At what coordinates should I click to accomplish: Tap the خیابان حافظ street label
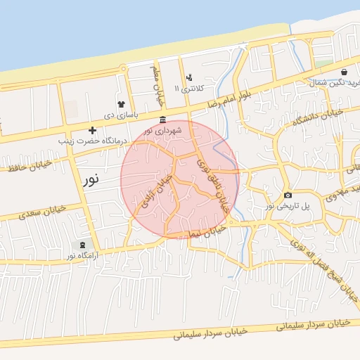tap(28, 166)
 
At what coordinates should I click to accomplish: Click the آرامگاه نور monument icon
tap(84, 245)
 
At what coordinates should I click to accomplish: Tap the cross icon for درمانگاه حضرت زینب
tap(92, 130)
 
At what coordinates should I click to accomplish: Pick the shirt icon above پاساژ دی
tap(121, 104)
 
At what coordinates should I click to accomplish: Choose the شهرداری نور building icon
tap(163, 119)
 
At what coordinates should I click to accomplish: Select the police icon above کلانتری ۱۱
tap(188, 78)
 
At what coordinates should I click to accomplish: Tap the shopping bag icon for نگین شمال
tap(343, 72)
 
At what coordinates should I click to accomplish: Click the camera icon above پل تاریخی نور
tap(287, 195)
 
